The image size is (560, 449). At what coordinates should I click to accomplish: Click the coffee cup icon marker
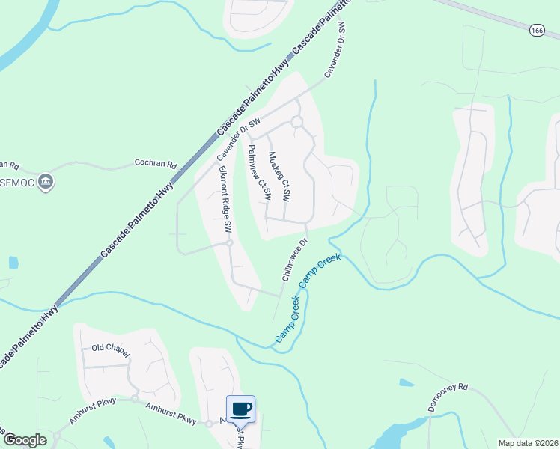240,409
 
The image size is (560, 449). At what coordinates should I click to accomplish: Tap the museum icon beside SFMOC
46,181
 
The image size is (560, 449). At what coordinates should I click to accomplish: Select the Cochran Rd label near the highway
155,163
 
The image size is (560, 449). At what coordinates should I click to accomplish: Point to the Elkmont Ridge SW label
223,197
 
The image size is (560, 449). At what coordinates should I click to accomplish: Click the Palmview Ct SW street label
259,172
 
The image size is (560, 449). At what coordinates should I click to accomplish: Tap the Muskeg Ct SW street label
279,177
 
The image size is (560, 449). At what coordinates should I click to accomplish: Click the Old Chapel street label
111,348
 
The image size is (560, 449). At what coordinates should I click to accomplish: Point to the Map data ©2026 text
528,443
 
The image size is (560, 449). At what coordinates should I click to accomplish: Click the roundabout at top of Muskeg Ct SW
296,122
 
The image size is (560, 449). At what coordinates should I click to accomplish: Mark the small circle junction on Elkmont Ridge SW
230,242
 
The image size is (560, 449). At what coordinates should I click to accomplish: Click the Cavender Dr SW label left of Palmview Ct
239,139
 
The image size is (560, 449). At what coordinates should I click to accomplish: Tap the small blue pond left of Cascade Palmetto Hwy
13,263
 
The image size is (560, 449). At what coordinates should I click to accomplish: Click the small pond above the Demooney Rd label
406,382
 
